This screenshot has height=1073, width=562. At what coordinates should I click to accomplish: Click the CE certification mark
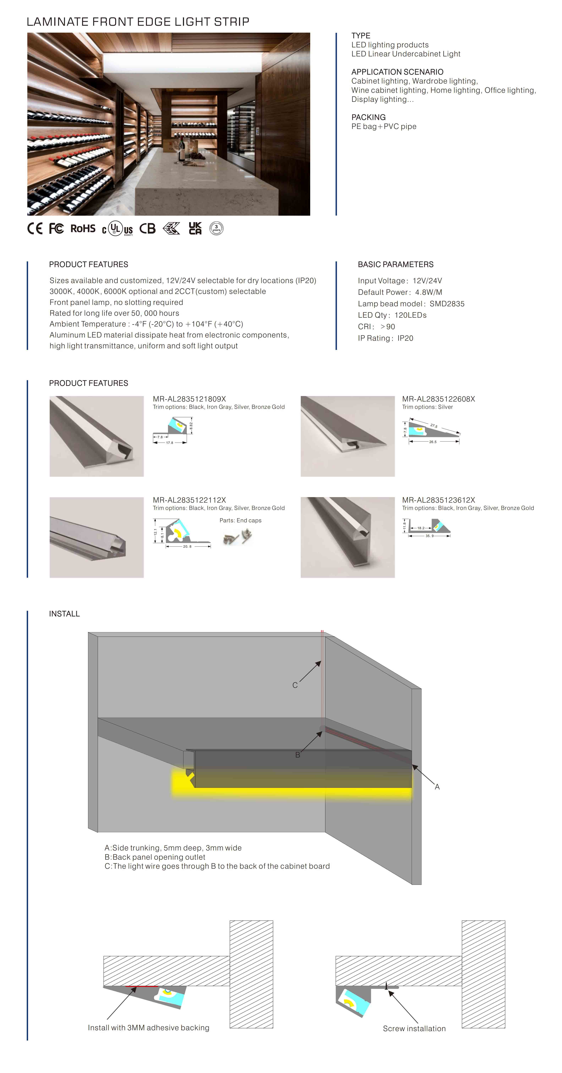pos(35,228)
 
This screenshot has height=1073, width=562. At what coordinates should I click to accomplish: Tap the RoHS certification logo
pos(83,228)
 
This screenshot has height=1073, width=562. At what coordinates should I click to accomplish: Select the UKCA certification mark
pos(195,228)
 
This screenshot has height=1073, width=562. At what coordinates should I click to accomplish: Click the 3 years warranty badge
pos(216,228)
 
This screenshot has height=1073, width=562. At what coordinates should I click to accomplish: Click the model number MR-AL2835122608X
pos(438,399)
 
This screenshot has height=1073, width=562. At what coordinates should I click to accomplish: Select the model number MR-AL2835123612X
pos(438,500)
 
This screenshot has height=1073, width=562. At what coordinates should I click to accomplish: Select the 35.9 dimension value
pos(429,536)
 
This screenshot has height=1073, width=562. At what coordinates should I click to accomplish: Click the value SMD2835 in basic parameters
pos(446,304)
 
